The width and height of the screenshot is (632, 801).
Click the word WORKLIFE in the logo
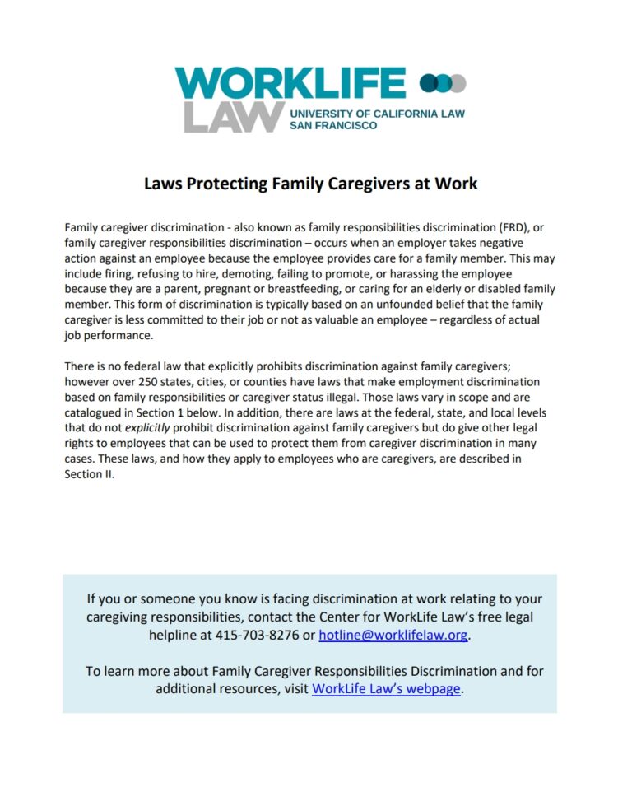coord(290,84)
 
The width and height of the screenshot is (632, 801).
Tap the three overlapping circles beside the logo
coord(443,83)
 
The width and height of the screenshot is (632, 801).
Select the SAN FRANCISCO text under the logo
coord(333,126)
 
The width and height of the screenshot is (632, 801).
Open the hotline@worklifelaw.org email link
coord(393,636)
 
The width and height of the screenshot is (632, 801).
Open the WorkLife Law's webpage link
coord(386,689)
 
